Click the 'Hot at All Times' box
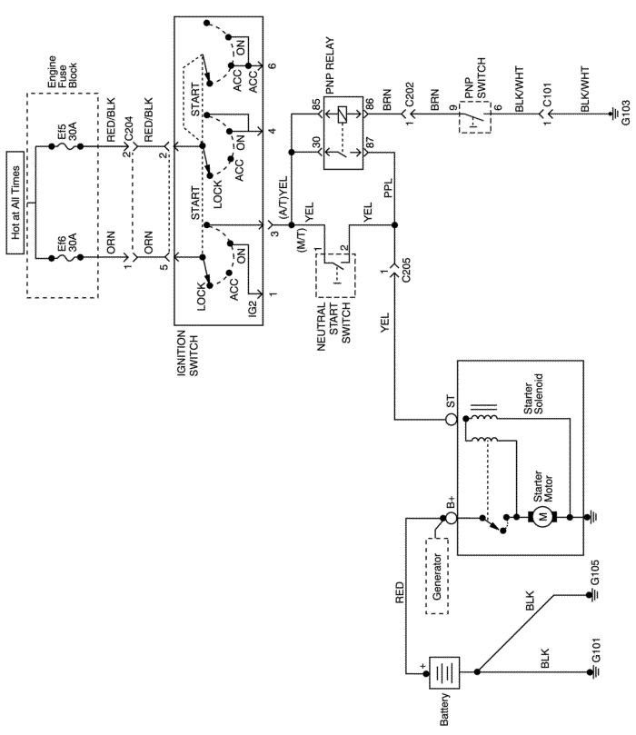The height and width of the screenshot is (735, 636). click(x=15, y=203)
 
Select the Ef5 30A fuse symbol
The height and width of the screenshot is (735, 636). click(x=66, y=146)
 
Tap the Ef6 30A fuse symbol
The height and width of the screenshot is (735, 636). click(x=66, y=257)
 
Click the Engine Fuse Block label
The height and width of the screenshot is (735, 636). click(x=63, y=72)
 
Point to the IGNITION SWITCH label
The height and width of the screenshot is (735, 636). click(x=187, y=353)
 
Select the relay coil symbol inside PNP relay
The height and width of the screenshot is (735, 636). click(x=343, y=114)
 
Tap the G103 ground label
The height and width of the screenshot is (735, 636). click(x=626, y=113)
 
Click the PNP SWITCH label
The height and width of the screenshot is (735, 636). click(x=475, y=79)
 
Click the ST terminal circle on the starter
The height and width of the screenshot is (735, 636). click(x=451, y=419)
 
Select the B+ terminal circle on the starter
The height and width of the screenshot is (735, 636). click(x=451, y=518)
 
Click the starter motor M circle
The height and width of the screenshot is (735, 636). click(x=542, y=518)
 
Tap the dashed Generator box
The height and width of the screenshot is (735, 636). click(x=437, y=576)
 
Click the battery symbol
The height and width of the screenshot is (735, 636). click(x=444, y=672)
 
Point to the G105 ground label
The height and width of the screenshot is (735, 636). click(x=595, y=572)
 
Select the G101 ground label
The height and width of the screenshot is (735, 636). click(x=595, y=651)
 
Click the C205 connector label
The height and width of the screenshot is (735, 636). click(x=406, y=270)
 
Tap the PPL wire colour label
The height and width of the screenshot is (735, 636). click(x=388, y=188)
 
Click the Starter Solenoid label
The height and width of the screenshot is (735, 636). click(x=533, y=393)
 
